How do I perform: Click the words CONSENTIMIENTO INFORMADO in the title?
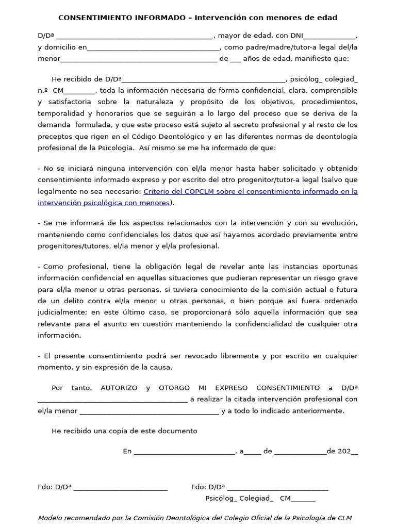click(122, 18)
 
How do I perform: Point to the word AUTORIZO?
click(119, 388)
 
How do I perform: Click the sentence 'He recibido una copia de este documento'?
click(124, 431)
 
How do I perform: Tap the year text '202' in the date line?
click(343, 451)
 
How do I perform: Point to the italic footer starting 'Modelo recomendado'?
click(195, 518)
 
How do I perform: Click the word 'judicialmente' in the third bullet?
click(62, 312)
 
